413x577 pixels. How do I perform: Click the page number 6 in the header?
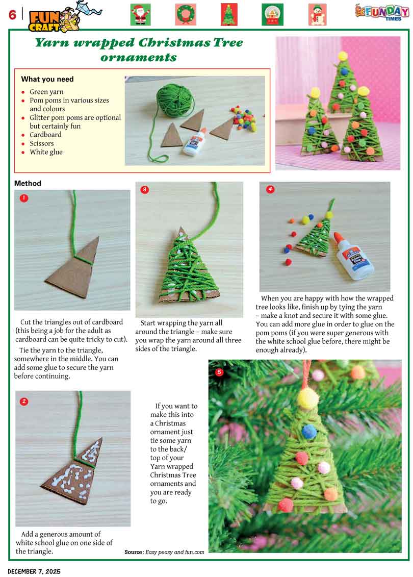[13, 15]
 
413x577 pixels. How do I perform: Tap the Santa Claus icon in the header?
[141, 15]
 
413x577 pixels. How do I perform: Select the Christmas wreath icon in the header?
[186, 15]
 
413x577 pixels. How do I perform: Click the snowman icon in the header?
[317, 15]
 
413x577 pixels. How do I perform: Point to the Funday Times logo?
[382, 12]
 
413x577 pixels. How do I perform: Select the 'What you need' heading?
[47, 79]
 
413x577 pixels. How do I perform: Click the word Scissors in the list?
[42, 143]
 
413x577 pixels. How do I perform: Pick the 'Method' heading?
[28, 183]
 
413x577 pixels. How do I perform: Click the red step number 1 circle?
[24, 198]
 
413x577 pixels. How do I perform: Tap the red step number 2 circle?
[24, 401]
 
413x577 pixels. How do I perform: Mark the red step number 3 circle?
[144, 189]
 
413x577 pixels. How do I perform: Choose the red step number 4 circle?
[270, 189]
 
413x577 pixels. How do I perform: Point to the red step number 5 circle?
[219, 372]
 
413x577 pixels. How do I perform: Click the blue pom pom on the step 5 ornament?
[309, 431]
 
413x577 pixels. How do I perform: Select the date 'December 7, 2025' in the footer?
[34, 571]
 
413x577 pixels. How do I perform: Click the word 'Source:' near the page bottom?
[134, 552]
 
